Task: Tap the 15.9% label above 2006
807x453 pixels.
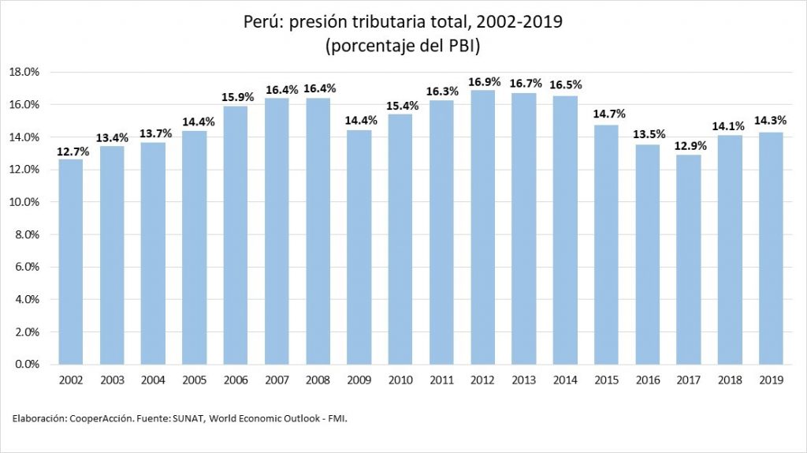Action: tap(236, 97)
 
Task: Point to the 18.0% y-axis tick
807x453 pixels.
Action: tap(24, 72)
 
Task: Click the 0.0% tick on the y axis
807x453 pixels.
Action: tap(26, 365)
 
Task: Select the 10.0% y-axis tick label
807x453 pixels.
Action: tap(24, 202)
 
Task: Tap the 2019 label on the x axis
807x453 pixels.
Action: tap(771, 380)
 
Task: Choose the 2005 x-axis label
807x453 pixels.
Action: tap(194, 380)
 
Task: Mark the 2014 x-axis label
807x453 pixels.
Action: tap(564, 380)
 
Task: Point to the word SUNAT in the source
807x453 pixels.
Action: tap(186, 419)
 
